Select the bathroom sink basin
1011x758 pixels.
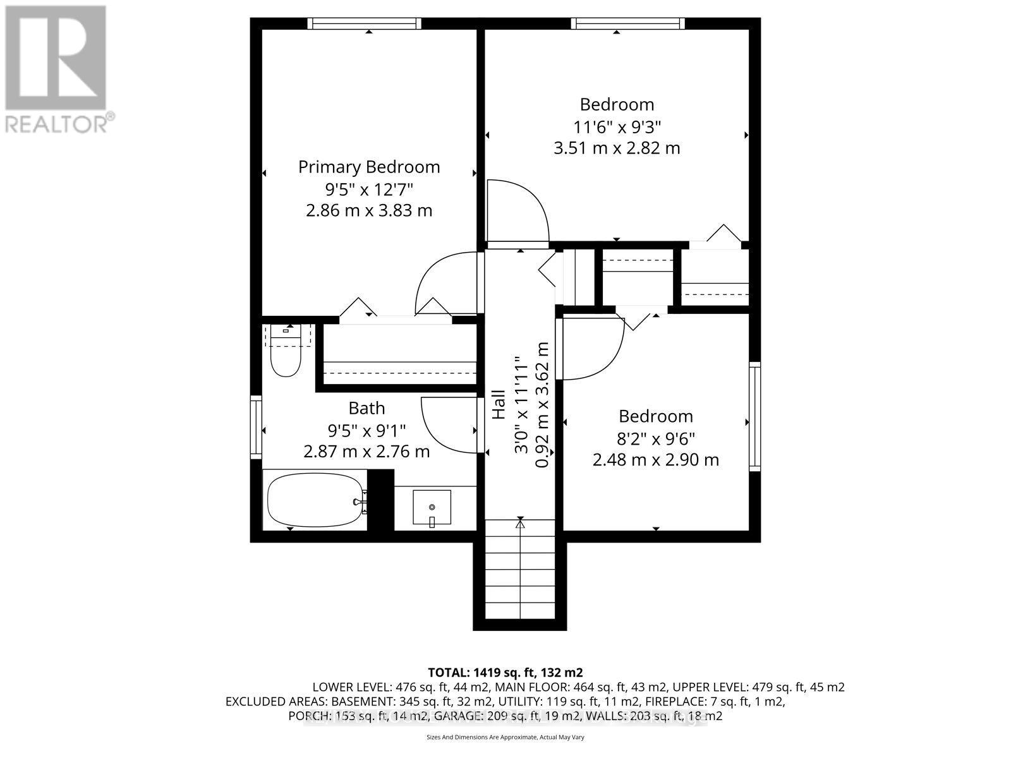432,507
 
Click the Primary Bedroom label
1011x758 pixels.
369,167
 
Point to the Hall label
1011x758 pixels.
499,404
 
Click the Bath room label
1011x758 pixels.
366,408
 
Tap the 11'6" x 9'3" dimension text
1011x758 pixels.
616,126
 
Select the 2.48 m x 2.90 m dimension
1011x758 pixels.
655,459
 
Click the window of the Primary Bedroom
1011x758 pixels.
364,23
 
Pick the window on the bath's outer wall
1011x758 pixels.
256,427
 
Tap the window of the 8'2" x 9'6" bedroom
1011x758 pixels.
754,417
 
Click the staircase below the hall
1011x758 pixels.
520,568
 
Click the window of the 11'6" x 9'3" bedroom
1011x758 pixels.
627,23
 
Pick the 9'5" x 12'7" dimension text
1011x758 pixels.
369,189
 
